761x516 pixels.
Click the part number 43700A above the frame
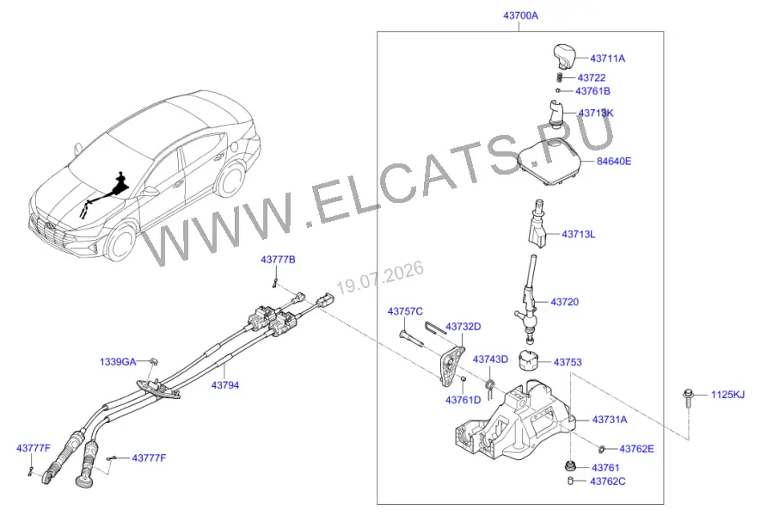(x=520, y=15)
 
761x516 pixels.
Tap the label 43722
(x=592, y=77)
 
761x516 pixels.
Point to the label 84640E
(x=614, y=161)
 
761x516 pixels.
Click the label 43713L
(x=578, y=235)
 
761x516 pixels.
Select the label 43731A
(x=610, y=420)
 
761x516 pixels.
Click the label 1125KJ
(x=727, y=395)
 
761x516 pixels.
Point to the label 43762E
(x=636, y=449)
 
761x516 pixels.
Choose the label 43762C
(x=608, y=482)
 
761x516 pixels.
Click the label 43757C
(x=405, y=311)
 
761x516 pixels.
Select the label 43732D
(x=463, y=327)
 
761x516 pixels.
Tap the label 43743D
(x=490, y=359)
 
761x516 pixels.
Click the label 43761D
(x=463, y=400)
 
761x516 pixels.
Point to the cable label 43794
(x=225, y=385)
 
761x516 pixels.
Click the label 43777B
(x=278, y=260)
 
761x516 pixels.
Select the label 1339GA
(x=118, y=362)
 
